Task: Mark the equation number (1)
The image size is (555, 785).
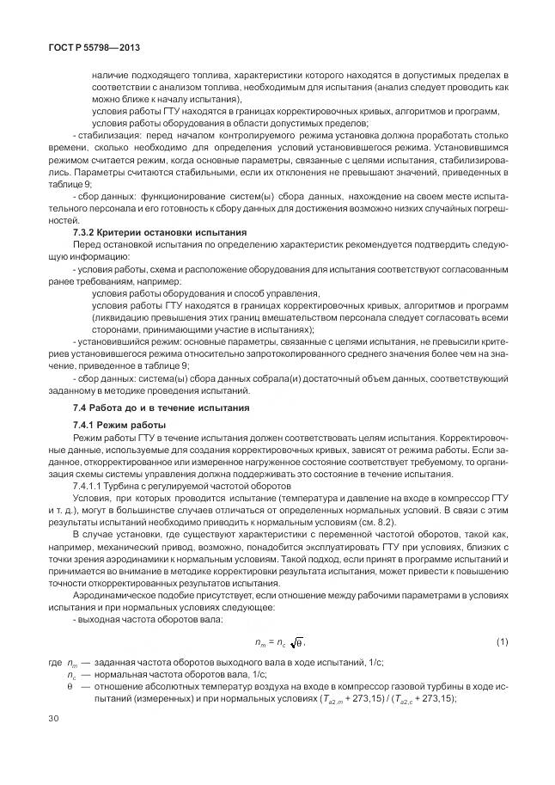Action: (x=502, y=641)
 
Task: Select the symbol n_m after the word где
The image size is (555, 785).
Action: (x=71, y=665)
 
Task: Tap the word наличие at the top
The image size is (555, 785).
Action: (x=110, y=77)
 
